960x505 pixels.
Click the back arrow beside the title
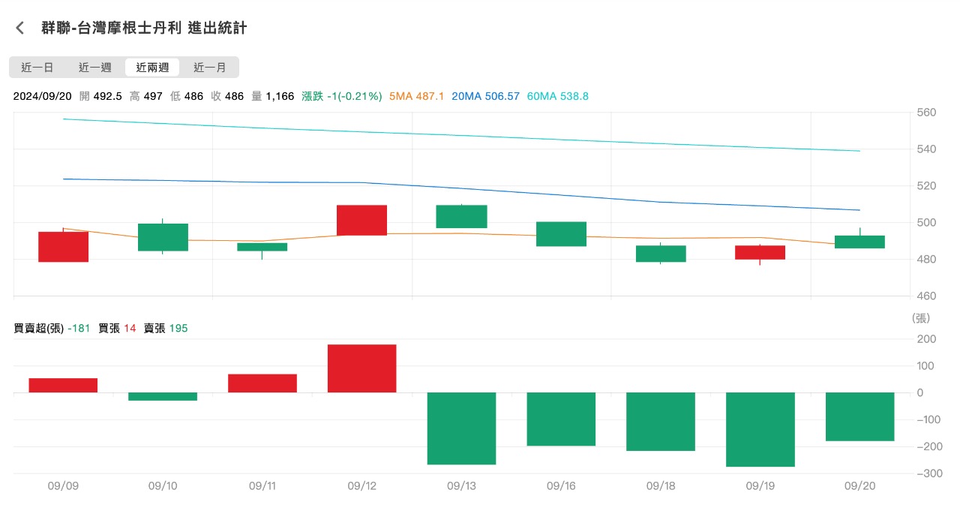click(20, 29)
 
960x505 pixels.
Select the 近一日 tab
click(37, 68)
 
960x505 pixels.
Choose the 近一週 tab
click(95, 68)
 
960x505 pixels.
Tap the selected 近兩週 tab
click(152, 68)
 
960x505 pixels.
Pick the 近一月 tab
click(210, 68)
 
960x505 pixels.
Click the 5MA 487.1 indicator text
click(416, 97)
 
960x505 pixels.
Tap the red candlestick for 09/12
click(361, 220)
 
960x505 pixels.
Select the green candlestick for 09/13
click(461, 216)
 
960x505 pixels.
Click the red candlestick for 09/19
click(760, 252)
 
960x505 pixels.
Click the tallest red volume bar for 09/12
click(361, 368)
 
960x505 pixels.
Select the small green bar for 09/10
click(163, 396)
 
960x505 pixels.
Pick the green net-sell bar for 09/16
click(561, 419)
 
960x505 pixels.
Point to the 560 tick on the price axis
click(925, 113)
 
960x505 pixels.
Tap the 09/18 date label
click(661, 486)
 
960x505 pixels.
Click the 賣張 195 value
click(166, 328)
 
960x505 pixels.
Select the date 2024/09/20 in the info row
click(42, 97)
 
